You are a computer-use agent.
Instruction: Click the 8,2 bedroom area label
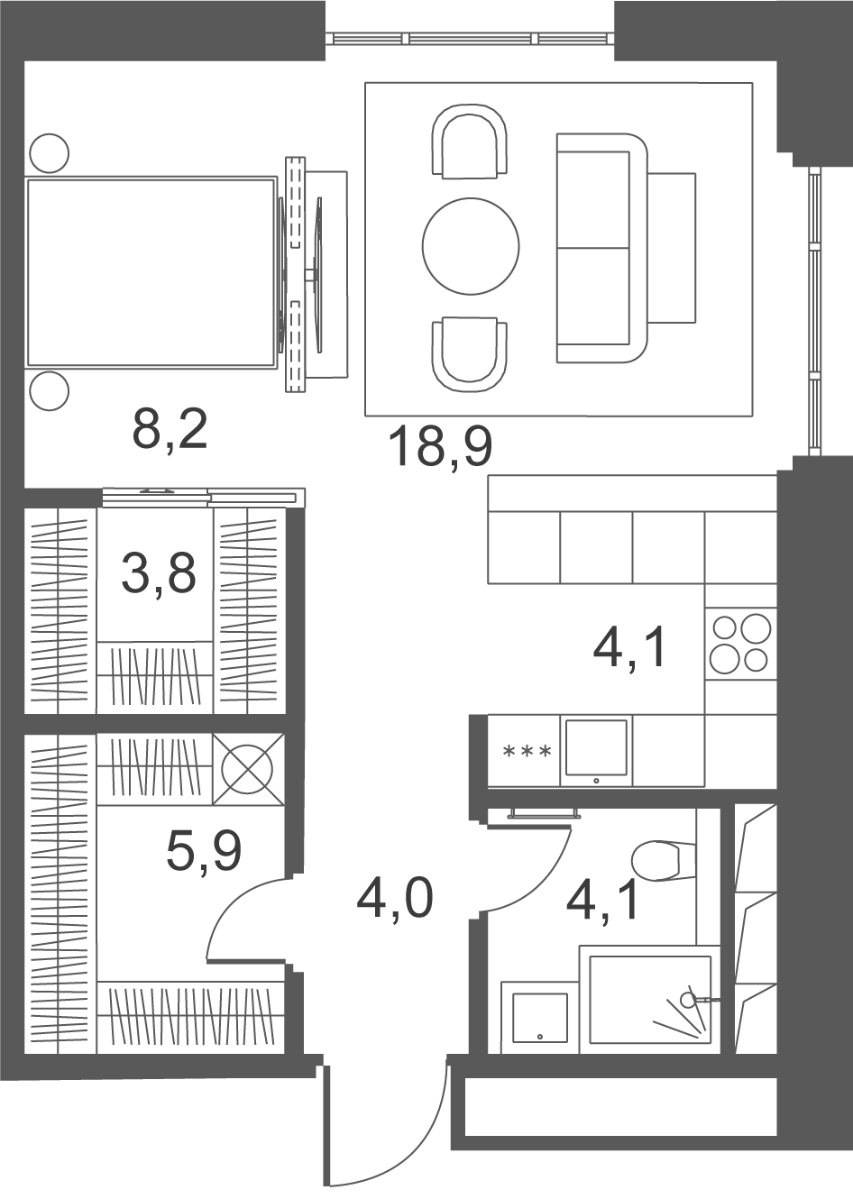coord(170,431)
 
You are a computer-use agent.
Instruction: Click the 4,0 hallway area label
coord(394,901)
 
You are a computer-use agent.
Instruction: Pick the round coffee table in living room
coord(471,246)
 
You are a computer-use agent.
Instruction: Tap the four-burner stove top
coord(740,644)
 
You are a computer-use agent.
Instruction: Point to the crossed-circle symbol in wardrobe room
coord(248,769)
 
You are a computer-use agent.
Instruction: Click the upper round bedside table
coord(50,153)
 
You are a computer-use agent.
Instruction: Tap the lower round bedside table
coord(50,390)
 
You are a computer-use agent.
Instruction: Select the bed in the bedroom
coord(151,273)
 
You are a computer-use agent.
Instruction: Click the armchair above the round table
coord(469,141)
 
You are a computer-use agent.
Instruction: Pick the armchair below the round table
coord(469,353)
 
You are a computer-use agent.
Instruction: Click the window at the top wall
coord(469,39)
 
